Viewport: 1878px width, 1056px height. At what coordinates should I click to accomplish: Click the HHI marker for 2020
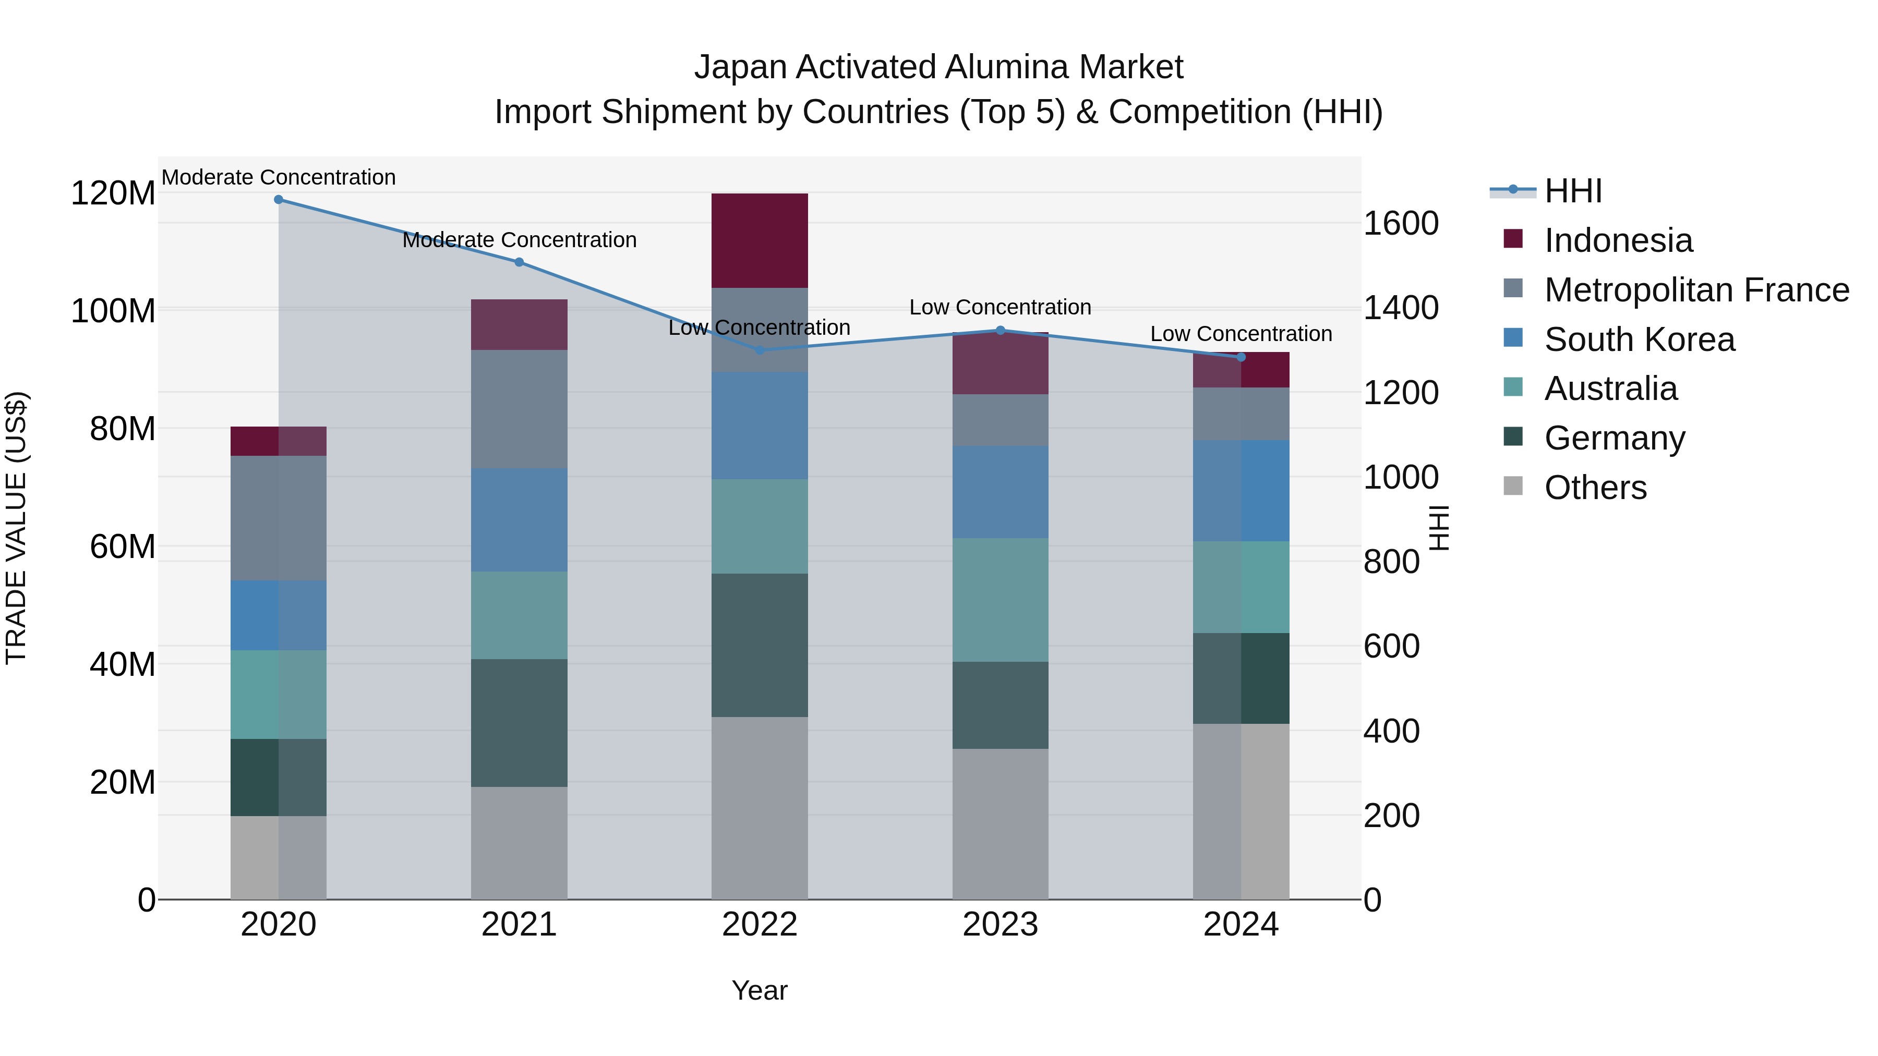click(279, 200)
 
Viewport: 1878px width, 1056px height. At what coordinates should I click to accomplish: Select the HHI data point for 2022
click(760, 350)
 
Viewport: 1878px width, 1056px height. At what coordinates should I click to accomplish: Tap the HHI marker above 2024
click(1242, 357)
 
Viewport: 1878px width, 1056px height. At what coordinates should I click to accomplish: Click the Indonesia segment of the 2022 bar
click(760, 240)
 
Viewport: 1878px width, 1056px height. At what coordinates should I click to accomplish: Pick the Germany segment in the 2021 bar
click(519, 723)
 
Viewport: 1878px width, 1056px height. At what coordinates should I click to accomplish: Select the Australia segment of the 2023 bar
click(1000, 600)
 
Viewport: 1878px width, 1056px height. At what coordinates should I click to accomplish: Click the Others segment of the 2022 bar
click(760, 807)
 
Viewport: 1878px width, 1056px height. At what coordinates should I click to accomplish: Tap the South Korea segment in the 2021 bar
click(519, 519)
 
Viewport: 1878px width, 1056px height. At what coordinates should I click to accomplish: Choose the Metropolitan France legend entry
click(1696, 290)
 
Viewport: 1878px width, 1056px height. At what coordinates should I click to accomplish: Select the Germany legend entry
click(1614, 438)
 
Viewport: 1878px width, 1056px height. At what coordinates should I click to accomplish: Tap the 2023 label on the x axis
click(1000, 925)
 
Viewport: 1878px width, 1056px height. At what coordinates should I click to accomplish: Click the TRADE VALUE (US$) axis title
click(16, 528)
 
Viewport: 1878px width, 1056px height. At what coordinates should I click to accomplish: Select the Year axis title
click(760, 990)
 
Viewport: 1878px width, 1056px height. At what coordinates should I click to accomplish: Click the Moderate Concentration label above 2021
click(519, 240)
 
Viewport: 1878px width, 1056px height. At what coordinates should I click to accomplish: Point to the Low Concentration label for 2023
click(1000, 308)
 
